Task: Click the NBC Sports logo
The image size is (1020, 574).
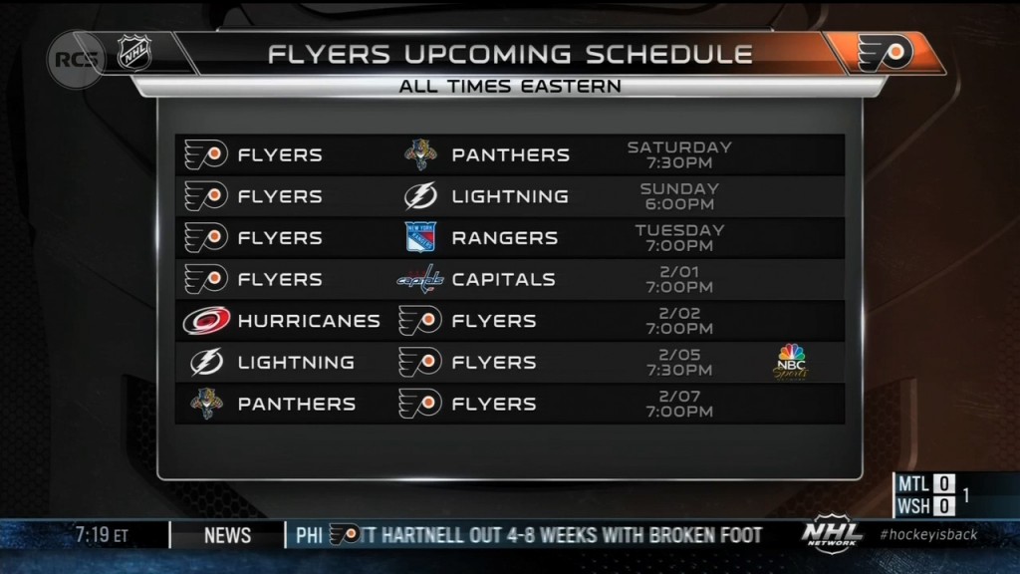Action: pyautogui.click(x=790, y=363)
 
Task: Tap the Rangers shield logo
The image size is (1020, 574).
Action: pyautogui.click(x=420, y=237)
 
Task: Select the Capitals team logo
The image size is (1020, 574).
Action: pyautogui.click(x=420, y=279)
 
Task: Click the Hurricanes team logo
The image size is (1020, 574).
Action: pyautogui.click(x=206, y=321)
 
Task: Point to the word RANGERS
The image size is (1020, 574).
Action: pyautogui.click(x=505, y=238)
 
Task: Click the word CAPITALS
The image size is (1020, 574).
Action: pyautogui.click(x=503, y=280)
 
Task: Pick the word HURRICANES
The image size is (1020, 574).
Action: pyautogui.click(x=309, y=321)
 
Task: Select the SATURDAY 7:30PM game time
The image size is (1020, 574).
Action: pyautogui.click(x=679, y=154)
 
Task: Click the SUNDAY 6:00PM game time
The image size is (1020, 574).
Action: pyautogui.click(x=679, y=196)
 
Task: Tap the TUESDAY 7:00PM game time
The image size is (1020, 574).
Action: pyautogui.click(x=679, y=238)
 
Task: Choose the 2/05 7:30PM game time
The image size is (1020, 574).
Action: pyautogui.click(x=679, y=363)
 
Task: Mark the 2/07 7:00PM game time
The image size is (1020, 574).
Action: pyautogui.click(x=679, y=405)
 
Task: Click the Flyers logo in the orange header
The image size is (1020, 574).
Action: pyautogui.click(x=886, y=54)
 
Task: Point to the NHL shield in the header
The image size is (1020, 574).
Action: pyautogui.click(x=134, y=52)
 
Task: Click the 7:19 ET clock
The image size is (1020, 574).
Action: pyautogui.click(x=102, y=535)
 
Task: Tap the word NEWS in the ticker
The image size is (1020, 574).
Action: pyautogui.click(x=227, y=535)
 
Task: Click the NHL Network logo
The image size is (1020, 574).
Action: pyautogui.click(x=832, y=534)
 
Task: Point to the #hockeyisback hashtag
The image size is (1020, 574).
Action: pyautogui.click(x=928, y=535)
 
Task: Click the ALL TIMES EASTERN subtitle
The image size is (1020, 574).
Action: pyautogui.click(x=510, y=87)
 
